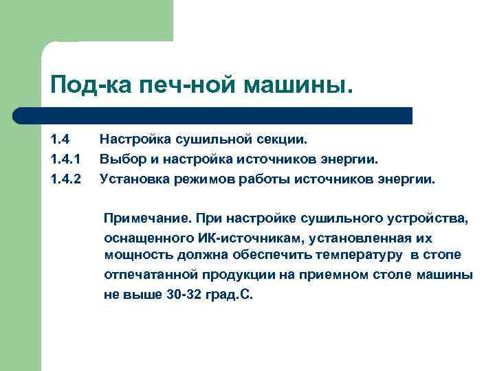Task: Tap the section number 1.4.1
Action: coord(65,160)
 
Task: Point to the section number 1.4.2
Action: coord(65,180)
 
